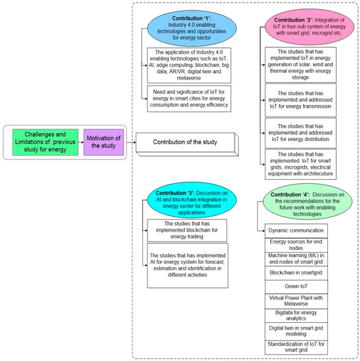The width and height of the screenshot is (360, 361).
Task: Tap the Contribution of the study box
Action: pos(185,141)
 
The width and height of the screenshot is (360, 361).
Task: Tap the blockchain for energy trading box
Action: pos(186,230)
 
